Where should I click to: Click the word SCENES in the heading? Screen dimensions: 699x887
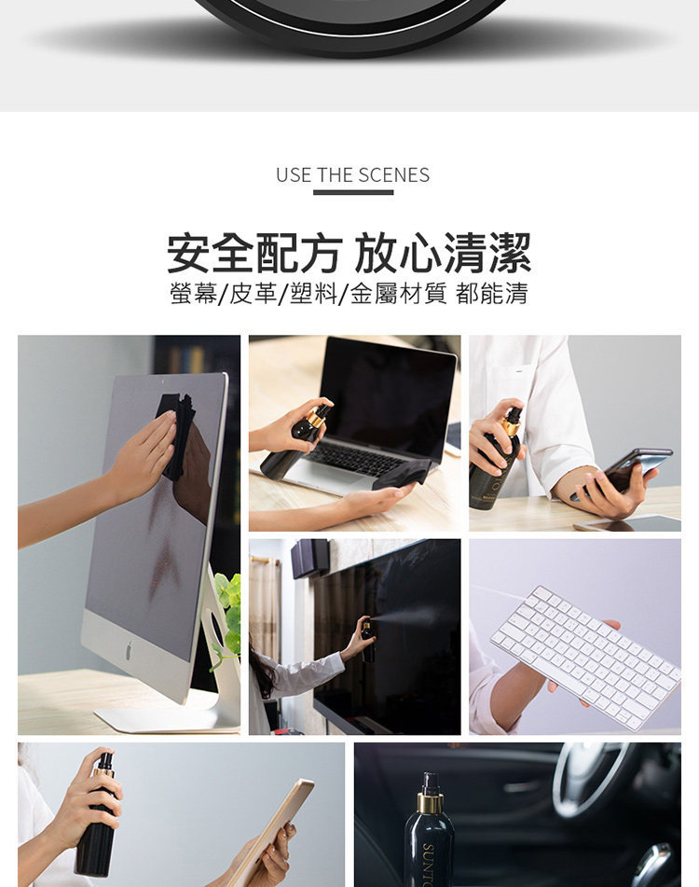pos(394,175)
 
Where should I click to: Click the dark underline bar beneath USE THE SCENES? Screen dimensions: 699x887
pos(353,193)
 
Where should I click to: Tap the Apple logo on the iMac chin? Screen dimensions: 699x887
pos(129,650)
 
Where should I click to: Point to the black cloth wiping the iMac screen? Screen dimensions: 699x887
pos(176,436)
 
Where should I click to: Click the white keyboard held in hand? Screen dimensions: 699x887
pos(586,656)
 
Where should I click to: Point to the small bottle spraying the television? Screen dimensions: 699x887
pos(367,642)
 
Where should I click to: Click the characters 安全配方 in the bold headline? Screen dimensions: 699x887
pos(255,253)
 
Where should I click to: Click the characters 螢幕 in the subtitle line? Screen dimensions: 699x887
pos(193,294)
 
